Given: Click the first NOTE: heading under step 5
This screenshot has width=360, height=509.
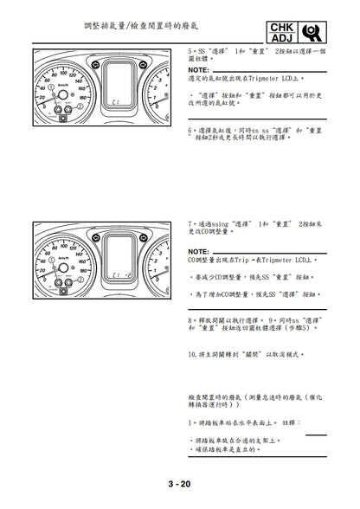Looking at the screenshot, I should (198, 69).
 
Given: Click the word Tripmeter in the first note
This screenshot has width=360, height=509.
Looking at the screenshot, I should (269, 78).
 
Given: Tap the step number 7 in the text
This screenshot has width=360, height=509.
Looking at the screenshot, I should (189, 222).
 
